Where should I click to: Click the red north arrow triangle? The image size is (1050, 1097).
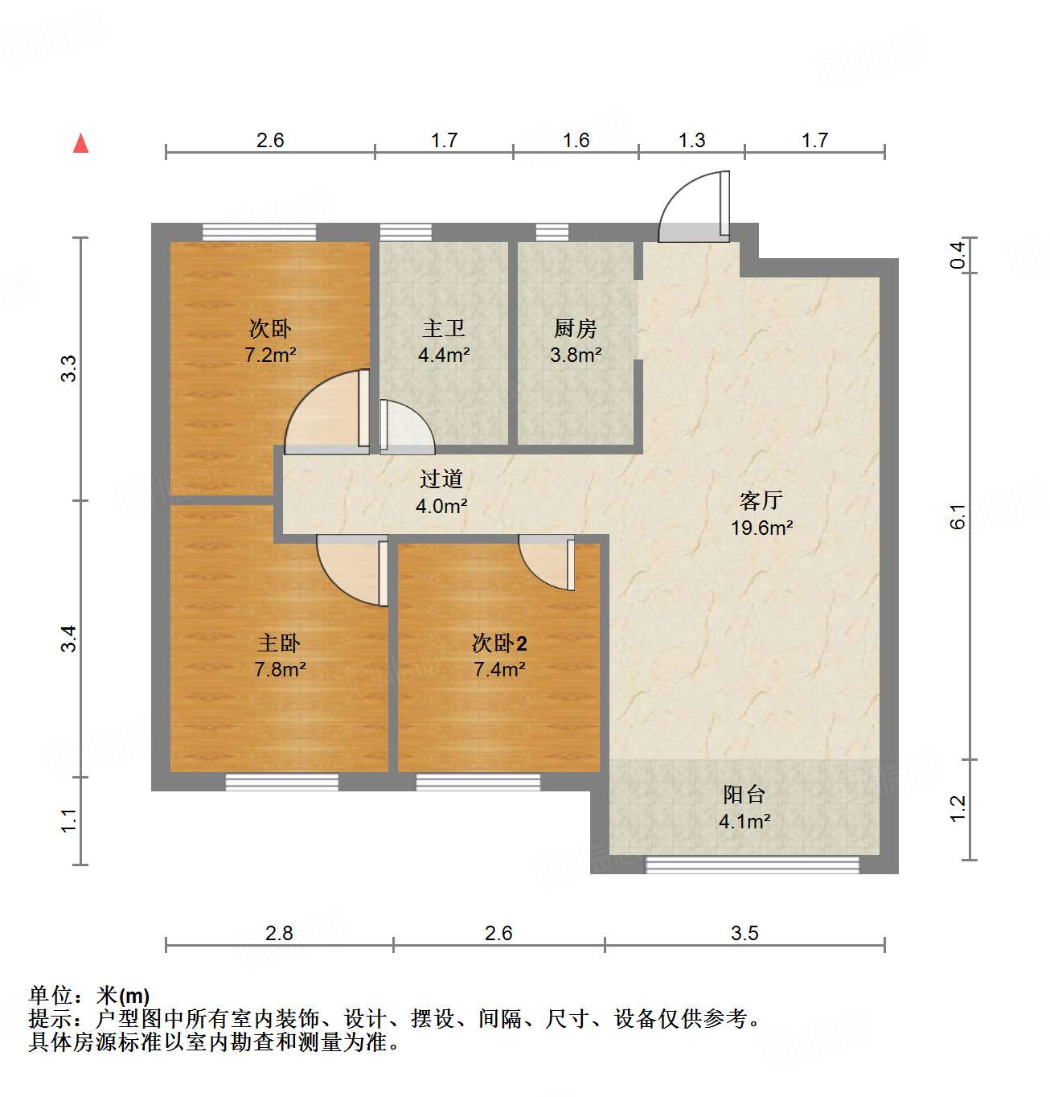pyautogui.click(x=80, y=143)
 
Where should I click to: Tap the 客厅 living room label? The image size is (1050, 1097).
pyautogui.click(x=761, y=501)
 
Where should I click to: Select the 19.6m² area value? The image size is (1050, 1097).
pyautogui.click(x=761, y=528)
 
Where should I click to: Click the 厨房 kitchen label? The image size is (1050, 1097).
pyautogui.click(x=576, y=328)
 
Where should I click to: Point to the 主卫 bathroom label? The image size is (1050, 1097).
pyautogui.click(x=443, y=328)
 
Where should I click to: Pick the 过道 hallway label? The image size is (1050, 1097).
pyautogui.click(x=441, y=479)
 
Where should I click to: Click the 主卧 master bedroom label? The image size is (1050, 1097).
pyautogui.click(x=279, y=643)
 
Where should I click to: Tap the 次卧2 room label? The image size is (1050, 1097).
pyautogui.click(x=499, y=643)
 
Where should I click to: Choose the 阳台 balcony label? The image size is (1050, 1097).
pyautogui.click(x=744, y=795)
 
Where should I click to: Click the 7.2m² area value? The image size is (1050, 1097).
pyautogui.click(x=270, y=355)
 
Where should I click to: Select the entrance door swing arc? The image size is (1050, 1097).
pyautogui.click(x=690, y=207)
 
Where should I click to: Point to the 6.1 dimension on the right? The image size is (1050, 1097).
pyautogui.click(x=958, y=516)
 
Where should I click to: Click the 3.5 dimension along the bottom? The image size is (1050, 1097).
pyautogui.click(x=744, y=933)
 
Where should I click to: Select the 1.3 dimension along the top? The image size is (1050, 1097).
pyautogui.click(x=691, y=141)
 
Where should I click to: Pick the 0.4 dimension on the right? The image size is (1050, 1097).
pyautogui.click(x=958, y=256)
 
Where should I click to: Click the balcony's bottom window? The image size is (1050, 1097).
pyautogui.click(x=753, y=865)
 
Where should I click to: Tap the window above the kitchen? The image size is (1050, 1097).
pyautogui.click(x=552, y=232)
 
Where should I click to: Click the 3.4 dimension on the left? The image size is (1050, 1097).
pyautogui.click(x=70, y=639)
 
